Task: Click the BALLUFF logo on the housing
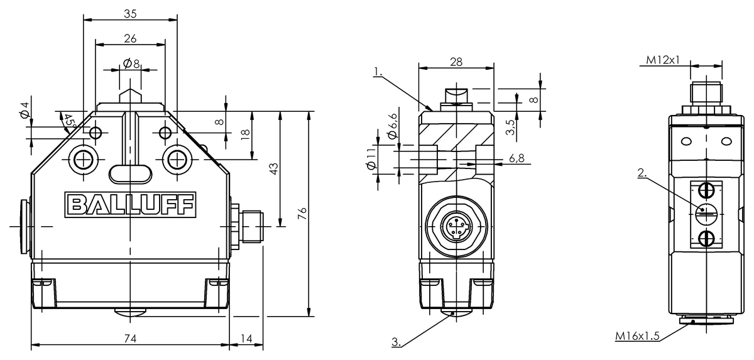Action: point(130,204)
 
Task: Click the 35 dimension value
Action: point(130,13)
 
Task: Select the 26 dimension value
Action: point(130,38)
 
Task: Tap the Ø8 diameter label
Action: point(131,63)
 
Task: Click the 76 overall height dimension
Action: point(302,214)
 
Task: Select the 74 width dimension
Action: point(130,339)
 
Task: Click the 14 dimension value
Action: point(246,339)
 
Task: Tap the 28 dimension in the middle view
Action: point(456,60)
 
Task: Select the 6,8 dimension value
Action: point(518,158)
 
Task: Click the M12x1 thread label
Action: point(664,60)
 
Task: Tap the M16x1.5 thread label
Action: point(637,336)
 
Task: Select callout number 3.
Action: point(396,342)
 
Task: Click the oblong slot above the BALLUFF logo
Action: point(130,173)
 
